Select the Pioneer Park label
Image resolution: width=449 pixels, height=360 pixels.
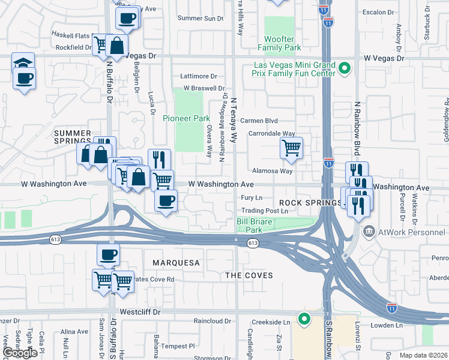[x=186, y=118]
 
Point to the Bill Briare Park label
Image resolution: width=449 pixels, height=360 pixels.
[x=250, y=226]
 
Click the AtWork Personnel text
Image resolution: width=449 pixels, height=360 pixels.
[x=412, y=231]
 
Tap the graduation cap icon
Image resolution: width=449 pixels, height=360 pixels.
[x=23, y=63]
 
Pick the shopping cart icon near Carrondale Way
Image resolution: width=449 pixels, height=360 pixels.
[x=291, y=146]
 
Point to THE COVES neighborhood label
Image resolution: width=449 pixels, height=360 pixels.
[x=249, y=275]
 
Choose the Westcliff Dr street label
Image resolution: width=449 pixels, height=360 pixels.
[x=140, y=312]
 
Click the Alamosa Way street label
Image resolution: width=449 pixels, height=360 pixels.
[x=272, y=171]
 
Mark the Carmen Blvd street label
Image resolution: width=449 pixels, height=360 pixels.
[x=259, y=121]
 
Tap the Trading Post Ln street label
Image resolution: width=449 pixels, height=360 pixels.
[x=264, y=211]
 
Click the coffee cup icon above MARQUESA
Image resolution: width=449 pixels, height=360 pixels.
[x=108, y=254]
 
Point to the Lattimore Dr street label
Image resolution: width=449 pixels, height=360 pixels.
[x=199, y=76]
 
